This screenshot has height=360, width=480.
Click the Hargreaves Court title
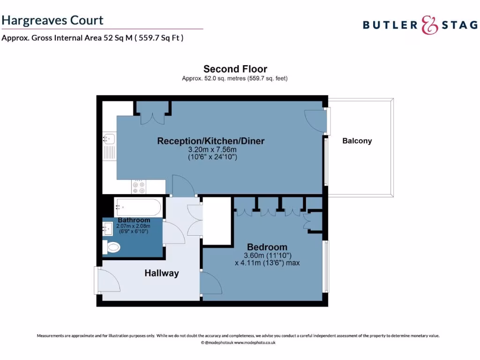[x=52, y=20]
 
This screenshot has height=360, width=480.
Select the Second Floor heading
[x=235, y=69]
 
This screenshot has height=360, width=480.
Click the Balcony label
[x=357, y=141]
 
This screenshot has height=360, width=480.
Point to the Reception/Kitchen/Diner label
[x=210, y=141]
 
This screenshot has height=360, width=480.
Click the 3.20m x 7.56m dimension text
[x=212, y=150]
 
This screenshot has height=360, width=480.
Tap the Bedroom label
[x=267, y=247]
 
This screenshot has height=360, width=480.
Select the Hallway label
[x=161, y=273]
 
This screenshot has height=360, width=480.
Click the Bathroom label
[x=134, y=220]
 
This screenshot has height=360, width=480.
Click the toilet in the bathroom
[x=112, y=247]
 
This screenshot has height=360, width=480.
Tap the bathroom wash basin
[x=107, y=229]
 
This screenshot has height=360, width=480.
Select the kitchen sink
[x=108, y=138]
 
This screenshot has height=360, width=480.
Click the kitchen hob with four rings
[x=139, y=187]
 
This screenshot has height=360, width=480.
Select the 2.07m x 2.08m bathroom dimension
[x=133, y=226]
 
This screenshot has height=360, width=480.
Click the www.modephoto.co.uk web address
[x=255, y=343]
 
